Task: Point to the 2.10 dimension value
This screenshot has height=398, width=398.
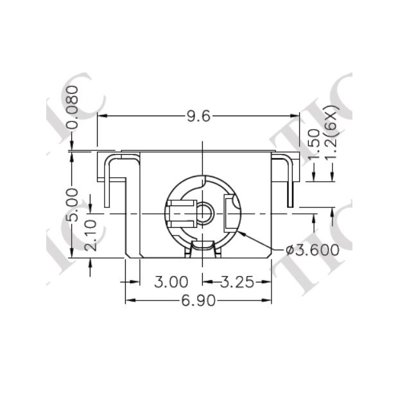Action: pyautogui.click(x=91, y=236)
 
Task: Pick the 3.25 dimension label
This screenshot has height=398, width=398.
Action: pyautogui.click(x=237, y=282)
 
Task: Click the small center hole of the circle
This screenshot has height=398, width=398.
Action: pyautogui.click(x=205, y=212)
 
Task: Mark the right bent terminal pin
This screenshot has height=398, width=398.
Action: pyautogui.click(x=287, y=180)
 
